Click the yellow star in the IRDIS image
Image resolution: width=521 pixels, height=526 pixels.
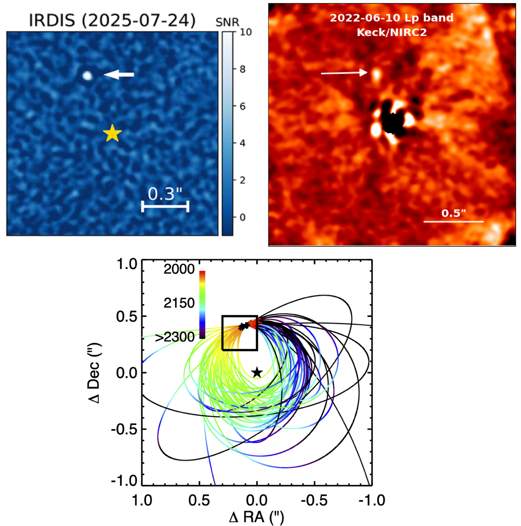click(112, 133)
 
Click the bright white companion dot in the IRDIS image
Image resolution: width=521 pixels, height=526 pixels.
click(87, 76)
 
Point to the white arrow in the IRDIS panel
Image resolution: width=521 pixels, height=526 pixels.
click(119, 75)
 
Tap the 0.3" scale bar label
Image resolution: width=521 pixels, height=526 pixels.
click(164, 194)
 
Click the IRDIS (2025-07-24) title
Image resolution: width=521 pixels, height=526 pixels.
click(112, 20)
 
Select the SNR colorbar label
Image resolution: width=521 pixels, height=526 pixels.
click(227, 22)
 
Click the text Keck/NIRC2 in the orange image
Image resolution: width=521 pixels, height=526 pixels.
click(391, 32)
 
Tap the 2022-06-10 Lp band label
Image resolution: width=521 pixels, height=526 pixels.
click(391, 18)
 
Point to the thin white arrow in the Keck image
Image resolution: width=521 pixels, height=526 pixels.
click(344, 73)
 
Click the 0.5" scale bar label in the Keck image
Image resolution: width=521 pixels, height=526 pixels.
click(453, 213)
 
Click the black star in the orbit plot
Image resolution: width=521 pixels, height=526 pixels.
click(257, 373)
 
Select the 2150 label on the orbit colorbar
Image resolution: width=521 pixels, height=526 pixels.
click(179, 303)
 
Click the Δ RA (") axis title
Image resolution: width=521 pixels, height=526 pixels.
click(256, 517)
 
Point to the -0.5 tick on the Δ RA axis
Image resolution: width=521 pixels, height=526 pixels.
click(314, 500)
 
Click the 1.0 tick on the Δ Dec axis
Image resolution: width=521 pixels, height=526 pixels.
click(128, 265)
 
